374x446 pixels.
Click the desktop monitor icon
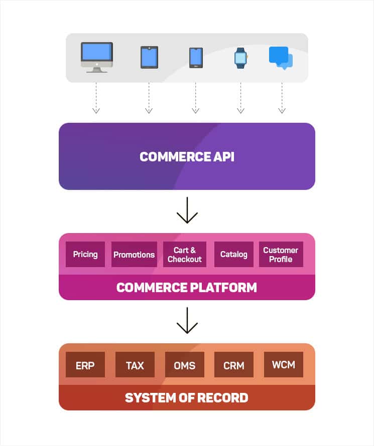click(x=97, y=57)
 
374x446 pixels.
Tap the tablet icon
click(x=149, y=57)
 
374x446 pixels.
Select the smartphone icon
click(x=196, y=58)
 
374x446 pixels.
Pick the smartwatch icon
click(x=240, y=58)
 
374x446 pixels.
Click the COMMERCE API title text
click(x=187, y=157)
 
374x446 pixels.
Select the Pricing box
click(x=85, y=255)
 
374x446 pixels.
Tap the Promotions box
click(x=134, y=255)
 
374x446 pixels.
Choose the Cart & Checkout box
click(x=185, y=255)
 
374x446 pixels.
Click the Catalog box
click(x=233, y=255)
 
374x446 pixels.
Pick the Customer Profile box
click(x=281, y=255)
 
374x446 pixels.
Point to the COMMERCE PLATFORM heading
click(x=187, y=288)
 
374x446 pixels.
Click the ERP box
click(x=85, y=365)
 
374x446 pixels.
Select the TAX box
click(x=135, y=365)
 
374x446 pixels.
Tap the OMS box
click(x=185, y=365)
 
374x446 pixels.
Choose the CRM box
click(x=234, y=365)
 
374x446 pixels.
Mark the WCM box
click(x=284, y=365)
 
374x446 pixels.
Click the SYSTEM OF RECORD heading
click(x=187, y=398)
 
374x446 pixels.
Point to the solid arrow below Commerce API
click(x=187, y=210)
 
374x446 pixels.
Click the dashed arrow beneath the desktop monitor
click(x=96, y=98)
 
